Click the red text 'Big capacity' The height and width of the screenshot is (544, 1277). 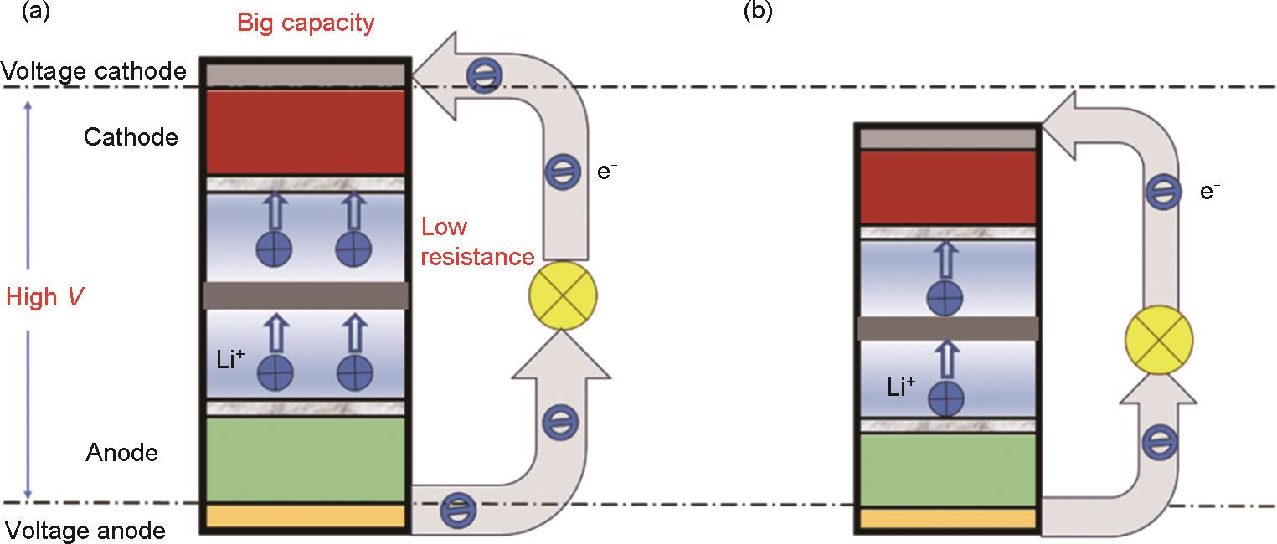(306, 23)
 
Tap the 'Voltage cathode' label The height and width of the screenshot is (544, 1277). (93, 72)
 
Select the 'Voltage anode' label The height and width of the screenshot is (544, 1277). (85, 530)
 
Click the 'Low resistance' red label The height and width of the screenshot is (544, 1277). (476, 242)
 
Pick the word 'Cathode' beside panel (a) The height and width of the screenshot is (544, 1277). (131, 137)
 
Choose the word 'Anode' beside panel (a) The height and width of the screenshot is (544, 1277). (121, 454)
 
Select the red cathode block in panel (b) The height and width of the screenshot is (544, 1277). (946, 187)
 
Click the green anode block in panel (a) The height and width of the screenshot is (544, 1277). (306, 459)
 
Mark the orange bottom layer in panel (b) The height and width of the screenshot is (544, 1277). (946, 519)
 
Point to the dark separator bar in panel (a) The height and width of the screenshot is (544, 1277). (306, 295)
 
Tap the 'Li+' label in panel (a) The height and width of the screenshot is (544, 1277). (231, 362)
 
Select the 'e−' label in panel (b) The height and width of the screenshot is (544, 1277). (1209, 191)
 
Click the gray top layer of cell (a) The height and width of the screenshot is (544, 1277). (306, 74)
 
